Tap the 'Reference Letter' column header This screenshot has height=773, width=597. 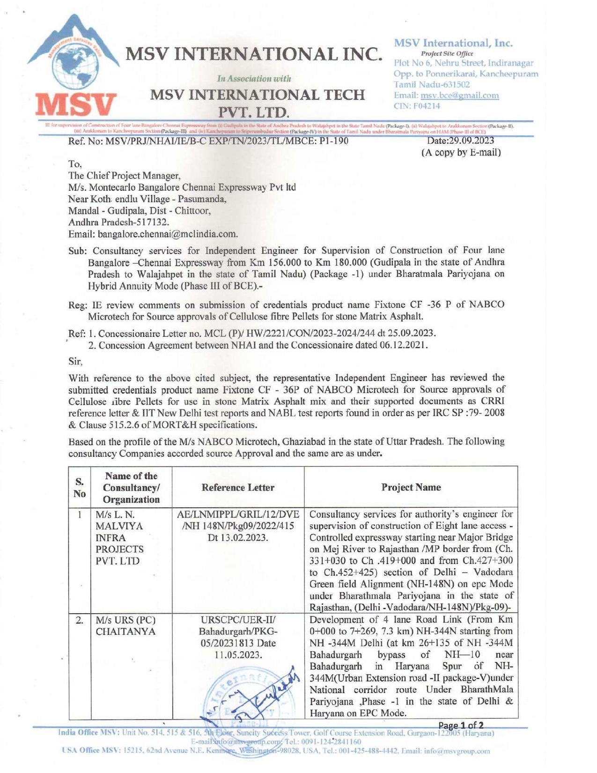pos(238,487)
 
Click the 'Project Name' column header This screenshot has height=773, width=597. pos(411,487)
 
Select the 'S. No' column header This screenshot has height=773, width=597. pos(80,487)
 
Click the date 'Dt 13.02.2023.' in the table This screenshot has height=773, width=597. pos(238,537)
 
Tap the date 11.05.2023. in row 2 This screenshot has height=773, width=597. pos(238,654)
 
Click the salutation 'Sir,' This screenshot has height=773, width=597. pos(75,361)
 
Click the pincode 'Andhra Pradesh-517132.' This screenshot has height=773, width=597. pos(119,222)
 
